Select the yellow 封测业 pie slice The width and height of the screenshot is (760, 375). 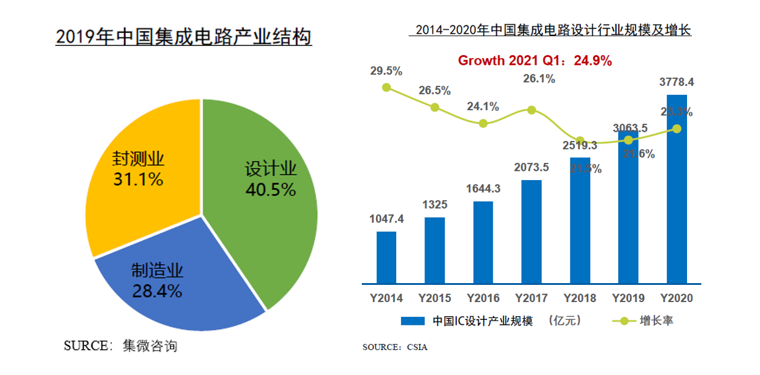141,184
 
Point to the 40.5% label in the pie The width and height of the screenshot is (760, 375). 271,190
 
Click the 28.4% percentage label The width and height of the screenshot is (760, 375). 157,292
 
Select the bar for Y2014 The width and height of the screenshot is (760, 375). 386,257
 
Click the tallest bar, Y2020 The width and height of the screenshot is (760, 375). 677,190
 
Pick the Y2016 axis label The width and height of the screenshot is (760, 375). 483,298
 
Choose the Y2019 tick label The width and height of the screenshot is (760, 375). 628,298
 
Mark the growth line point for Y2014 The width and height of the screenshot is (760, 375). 386,88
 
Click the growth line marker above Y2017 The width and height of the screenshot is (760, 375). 531,110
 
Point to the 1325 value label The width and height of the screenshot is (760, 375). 434,205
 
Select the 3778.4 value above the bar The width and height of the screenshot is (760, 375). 677,82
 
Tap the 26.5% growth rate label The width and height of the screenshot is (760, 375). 434,91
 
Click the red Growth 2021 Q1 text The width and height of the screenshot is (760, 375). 535,61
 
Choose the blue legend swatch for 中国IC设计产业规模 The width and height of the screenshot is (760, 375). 413,321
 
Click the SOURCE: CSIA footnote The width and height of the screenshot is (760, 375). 395,347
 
